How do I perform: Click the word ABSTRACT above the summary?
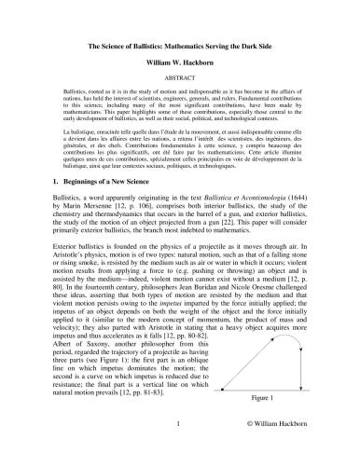180,80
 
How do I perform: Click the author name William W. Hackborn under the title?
180,63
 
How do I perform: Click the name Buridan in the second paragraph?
219,315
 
